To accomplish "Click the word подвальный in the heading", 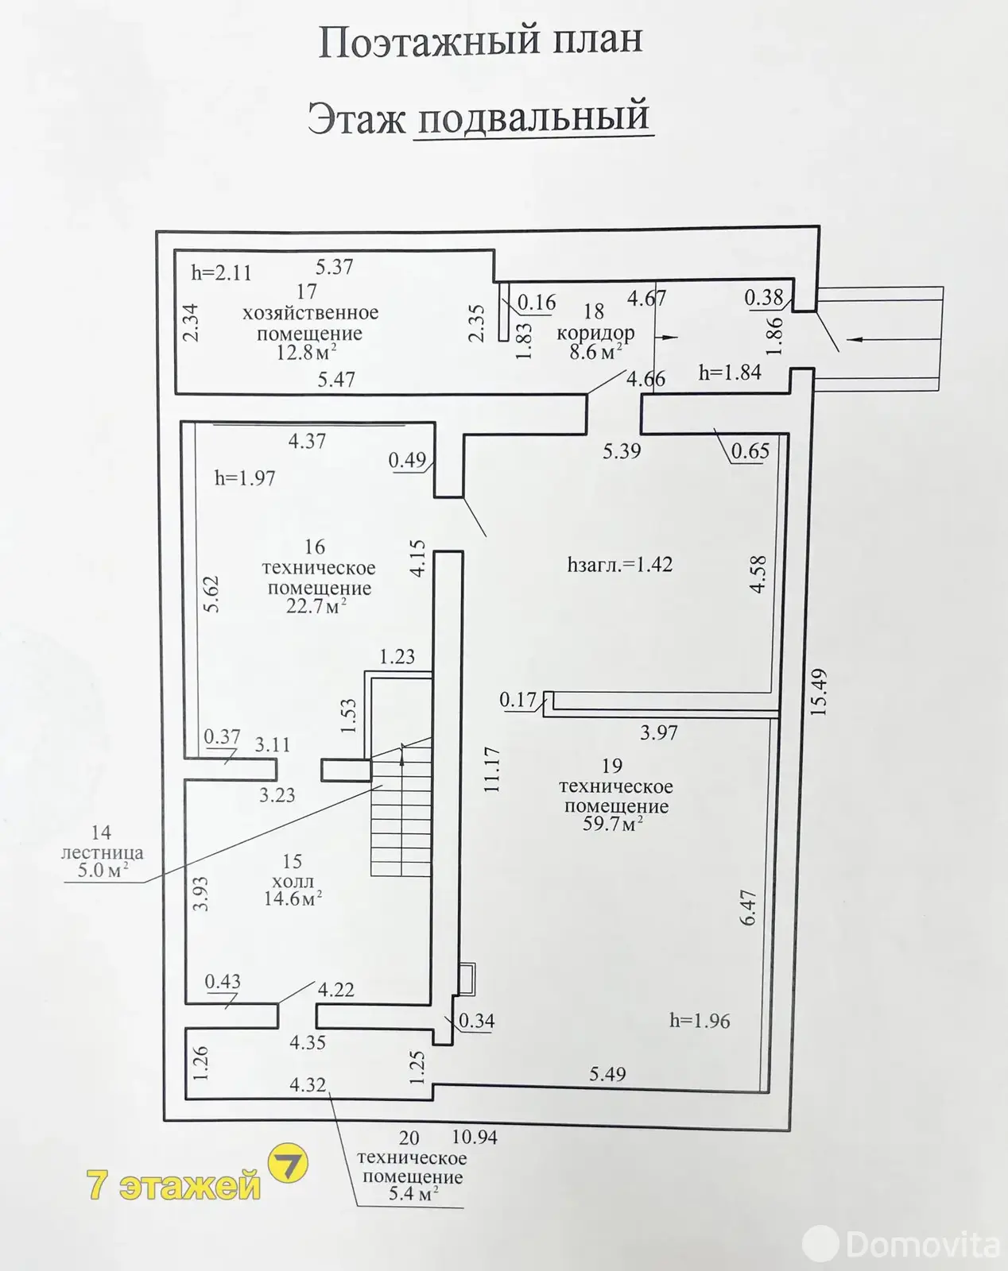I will click(x=532, y=118).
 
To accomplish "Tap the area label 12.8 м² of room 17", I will click(x=306, y=353).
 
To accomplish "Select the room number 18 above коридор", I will click(x=593, y=311).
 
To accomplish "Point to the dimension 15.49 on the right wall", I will click(x=819, y=692).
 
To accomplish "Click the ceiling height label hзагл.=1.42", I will click(x=619, y=565).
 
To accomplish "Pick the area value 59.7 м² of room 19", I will click(x=612, y=824).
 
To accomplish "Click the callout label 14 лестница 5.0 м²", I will click(x=102, y=852).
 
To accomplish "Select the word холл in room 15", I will click(x=293, y=881).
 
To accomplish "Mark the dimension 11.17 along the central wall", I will click(x=491, y=769).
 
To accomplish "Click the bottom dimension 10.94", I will click(x=474, y=1138).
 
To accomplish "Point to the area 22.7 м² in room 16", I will click(x=316, y=607).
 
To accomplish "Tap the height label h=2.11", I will click(x=221, y=273).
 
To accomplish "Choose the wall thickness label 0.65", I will click(x=750, y=451).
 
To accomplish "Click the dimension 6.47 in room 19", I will click(x=748, y=906).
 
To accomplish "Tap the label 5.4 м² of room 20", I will click(x=413, y=1194).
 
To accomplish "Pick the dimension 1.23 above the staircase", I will click(x=397, y=657).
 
